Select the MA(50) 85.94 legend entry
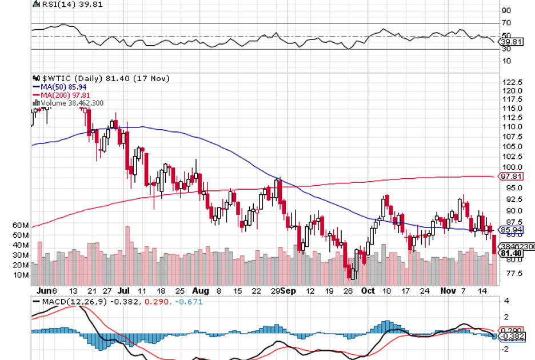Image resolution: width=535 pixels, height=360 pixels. point(65,87)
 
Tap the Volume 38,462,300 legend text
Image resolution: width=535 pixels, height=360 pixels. point(71,103)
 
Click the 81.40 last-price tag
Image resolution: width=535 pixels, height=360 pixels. point(510,253)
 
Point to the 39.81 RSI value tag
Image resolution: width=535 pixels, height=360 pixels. point(510,42)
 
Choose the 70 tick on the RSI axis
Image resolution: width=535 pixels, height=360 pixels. point(506,23)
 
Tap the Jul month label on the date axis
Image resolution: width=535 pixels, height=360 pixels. point(123,290)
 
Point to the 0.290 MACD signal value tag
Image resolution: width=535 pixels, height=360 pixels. point(510,330)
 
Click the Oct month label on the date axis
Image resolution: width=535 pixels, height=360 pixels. point(368,290)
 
